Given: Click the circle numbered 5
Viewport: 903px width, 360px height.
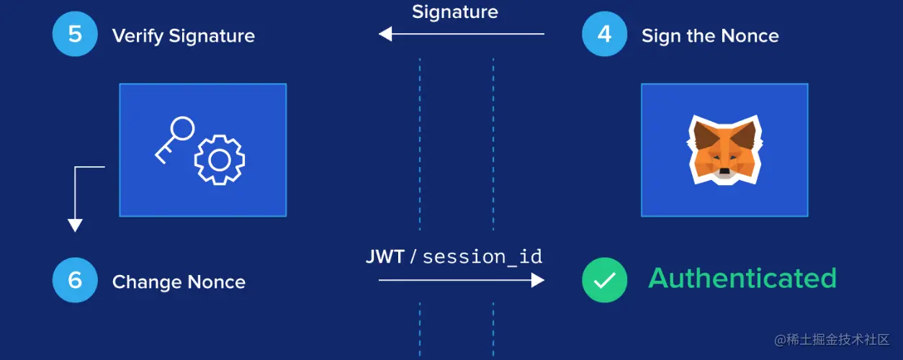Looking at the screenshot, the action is pyautogui.click(x=75, y=34).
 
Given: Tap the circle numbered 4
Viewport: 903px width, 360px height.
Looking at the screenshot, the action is pyautogui.click(x=604, y=34).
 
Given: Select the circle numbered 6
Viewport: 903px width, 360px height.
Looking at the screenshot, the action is pyautogui.click(x=75, y=279).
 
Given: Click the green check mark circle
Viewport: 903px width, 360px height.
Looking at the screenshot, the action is pyautogui.click(x=604, y=279).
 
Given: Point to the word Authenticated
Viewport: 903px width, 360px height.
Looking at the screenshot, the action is pyautogui.click(x=742, y=279).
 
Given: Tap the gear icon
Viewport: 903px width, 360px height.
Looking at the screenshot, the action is pyautogui.click(x=219, y=159).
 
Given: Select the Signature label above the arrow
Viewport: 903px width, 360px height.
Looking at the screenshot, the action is pyautogui.click(x=454, y=12).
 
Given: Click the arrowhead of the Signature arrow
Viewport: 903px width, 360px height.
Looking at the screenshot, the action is pyautogui.click(x=385, y=34).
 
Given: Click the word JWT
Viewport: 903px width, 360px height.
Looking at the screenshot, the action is pyautogui.click(x=385, y=257).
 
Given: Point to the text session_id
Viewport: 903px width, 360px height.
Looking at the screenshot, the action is pyautogui.click(x=482, y=257).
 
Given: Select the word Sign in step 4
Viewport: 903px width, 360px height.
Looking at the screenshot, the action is pyautogui.click(x=657, y=36).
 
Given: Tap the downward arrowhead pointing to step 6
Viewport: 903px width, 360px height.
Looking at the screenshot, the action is pyautogui.click(x=75, y=225).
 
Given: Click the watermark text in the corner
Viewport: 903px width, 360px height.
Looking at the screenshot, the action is pyautogui.click(x=832, y=338).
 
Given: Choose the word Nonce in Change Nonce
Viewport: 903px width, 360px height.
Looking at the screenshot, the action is pyautogui.click(x=216, y=282).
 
